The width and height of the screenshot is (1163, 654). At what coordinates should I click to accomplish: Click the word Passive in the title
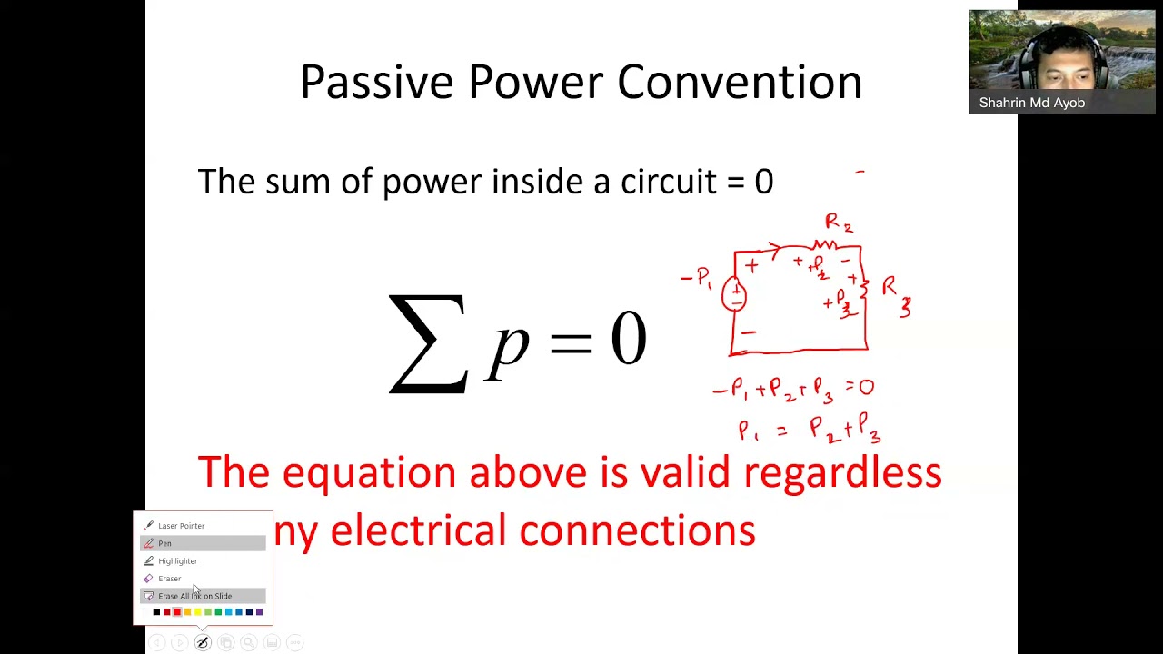[x=376, y=83]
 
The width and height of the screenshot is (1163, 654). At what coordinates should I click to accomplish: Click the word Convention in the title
[x=739, y=83]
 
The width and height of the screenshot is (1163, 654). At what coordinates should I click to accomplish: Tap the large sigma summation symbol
[x=427, y=343]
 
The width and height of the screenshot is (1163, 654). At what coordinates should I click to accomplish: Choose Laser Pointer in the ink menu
[x=181, y=526]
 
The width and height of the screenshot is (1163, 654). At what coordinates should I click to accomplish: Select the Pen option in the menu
[x=164, y=543]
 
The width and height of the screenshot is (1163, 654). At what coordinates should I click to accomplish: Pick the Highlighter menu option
[x=177, y=561]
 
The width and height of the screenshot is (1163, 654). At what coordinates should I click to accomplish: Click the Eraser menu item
[x=169, y=579]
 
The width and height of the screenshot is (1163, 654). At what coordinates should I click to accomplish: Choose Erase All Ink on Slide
[x=194, y=596]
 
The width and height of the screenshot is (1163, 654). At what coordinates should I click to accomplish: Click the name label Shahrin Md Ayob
[x=1031, y=103]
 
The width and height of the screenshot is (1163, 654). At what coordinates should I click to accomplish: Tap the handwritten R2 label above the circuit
[x=838, y=223]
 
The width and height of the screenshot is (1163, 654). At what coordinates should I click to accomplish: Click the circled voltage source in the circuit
[x=734, y=294]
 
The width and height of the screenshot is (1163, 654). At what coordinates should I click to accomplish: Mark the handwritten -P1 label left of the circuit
[x=697, y=278]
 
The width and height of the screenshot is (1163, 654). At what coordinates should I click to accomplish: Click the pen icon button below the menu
[x=203, y=643]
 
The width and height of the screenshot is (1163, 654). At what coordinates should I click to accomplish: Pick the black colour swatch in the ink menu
[x=156, y=612]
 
